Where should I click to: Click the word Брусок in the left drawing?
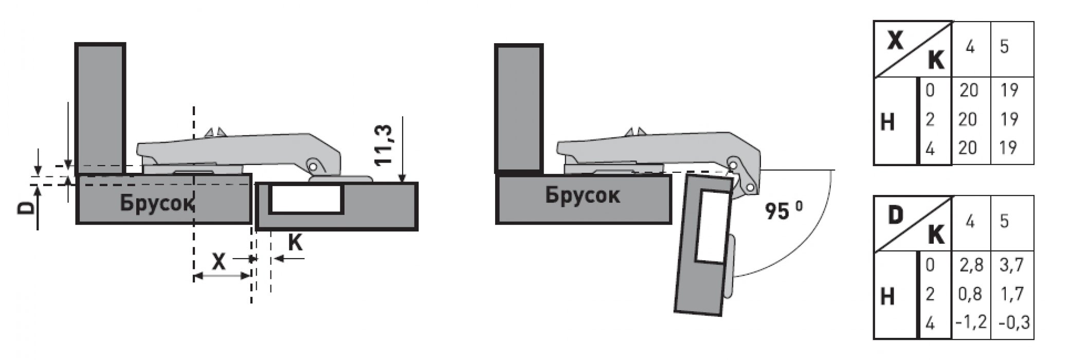[158, 203]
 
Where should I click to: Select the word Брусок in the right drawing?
[583, 195]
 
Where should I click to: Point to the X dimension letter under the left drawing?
[219, 262]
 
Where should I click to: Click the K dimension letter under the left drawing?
[295, 242]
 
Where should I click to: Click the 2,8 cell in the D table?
[971, 265]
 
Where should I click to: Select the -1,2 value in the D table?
[971, 322]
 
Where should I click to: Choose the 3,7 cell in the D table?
[1011, 265]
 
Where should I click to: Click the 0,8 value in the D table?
[970, 294]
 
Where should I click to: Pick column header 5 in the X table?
[1004, 47]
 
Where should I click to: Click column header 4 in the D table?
[970, 222]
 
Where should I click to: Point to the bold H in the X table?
[888, 122]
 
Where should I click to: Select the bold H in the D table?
[888, 297]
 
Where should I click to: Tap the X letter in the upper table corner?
[896, 41]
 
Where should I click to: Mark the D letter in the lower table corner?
[895, 216]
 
